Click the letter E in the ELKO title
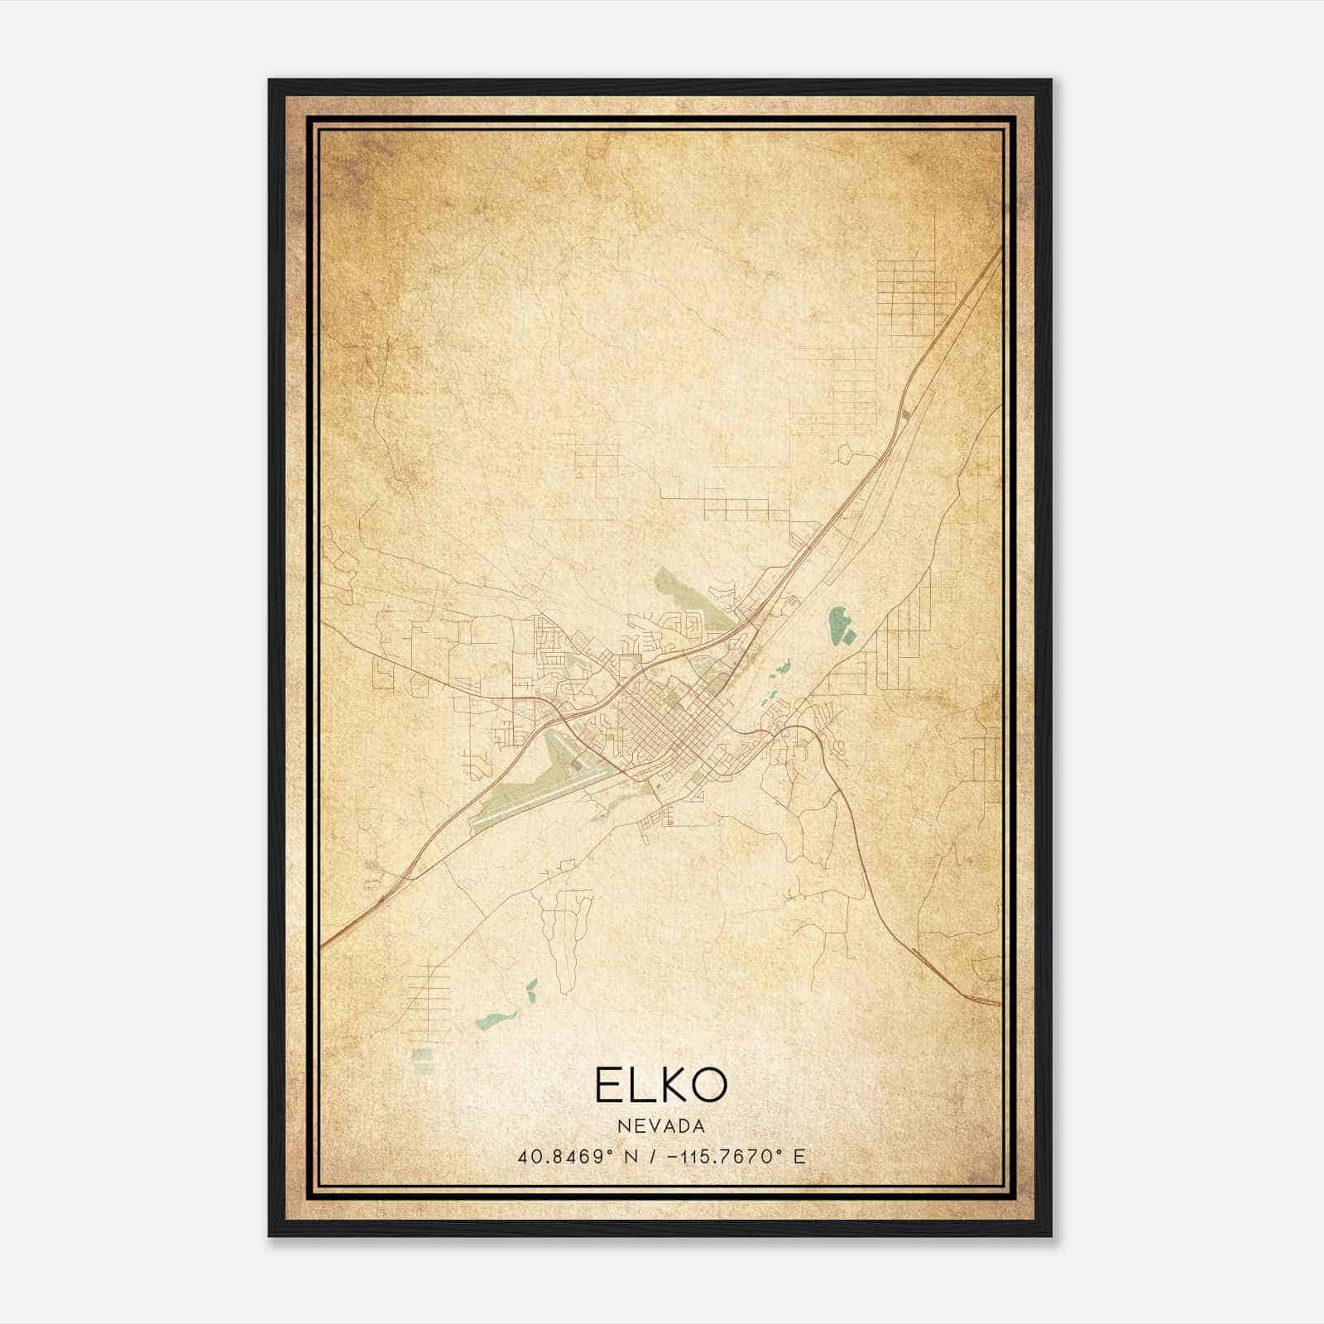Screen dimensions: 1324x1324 pyautogui.click(x=608, y=1085)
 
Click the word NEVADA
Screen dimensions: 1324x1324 pyautogui.click(x=661, y=1126)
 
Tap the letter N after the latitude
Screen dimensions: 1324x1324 pyautogui.click(x=631, y=1157)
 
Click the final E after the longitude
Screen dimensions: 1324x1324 pyautogui.click(x=799, y=1157)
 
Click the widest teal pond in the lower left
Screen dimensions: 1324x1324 pyautogui.click(x=496, y=1019)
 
